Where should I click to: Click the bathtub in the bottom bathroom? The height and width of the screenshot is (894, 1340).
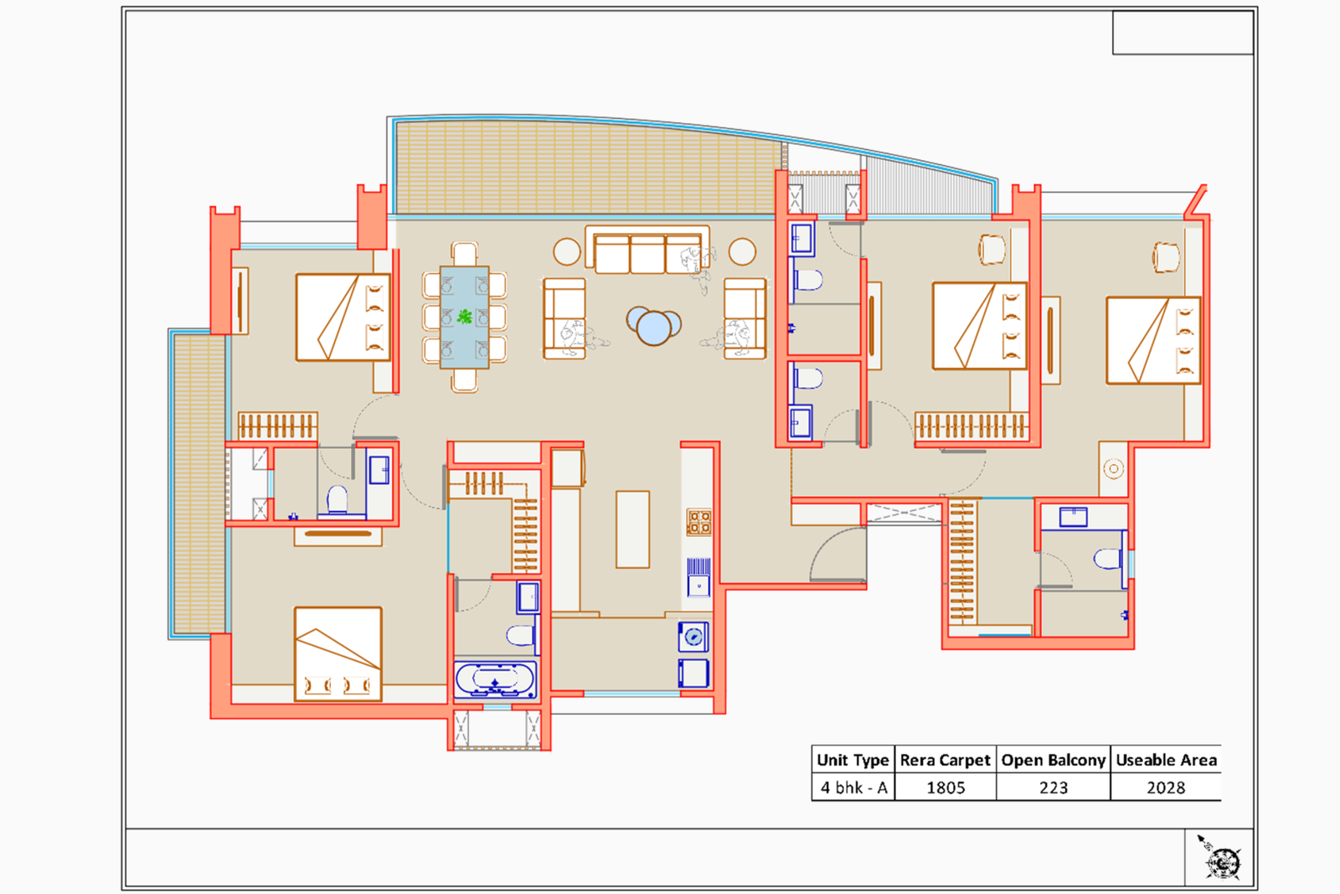[495, 680]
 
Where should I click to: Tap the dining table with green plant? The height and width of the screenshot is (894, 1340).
[464, 318]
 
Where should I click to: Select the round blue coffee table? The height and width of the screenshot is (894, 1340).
[653, 325]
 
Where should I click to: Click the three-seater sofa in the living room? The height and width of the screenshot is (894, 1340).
[647, 251]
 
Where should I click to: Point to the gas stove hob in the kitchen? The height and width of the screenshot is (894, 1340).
[698, 522]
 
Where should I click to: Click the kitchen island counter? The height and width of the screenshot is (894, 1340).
[632, 530]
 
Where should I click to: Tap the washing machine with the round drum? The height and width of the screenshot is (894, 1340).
[693, 638]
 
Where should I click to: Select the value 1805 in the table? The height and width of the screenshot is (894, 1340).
[946, 788]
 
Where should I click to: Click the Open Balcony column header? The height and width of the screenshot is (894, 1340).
[1053, 760]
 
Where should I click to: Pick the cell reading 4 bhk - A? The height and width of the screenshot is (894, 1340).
[853, 788]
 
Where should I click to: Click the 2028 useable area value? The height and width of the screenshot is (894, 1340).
[1165, 788]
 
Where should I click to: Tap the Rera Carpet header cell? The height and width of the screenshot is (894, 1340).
[945, 760]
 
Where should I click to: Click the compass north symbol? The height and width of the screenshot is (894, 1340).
[1221, 859]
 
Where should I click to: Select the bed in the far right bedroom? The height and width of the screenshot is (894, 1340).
[1152, 340]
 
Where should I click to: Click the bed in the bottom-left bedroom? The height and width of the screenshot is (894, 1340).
[338, 654]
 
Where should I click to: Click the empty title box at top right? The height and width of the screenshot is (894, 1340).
[1182, 33]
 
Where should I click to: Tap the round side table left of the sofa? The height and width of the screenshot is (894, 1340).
[567, 251]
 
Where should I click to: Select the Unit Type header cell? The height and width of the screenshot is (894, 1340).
[853, 760]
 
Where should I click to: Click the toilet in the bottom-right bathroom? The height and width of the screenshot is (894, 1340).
[1107, 559]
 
